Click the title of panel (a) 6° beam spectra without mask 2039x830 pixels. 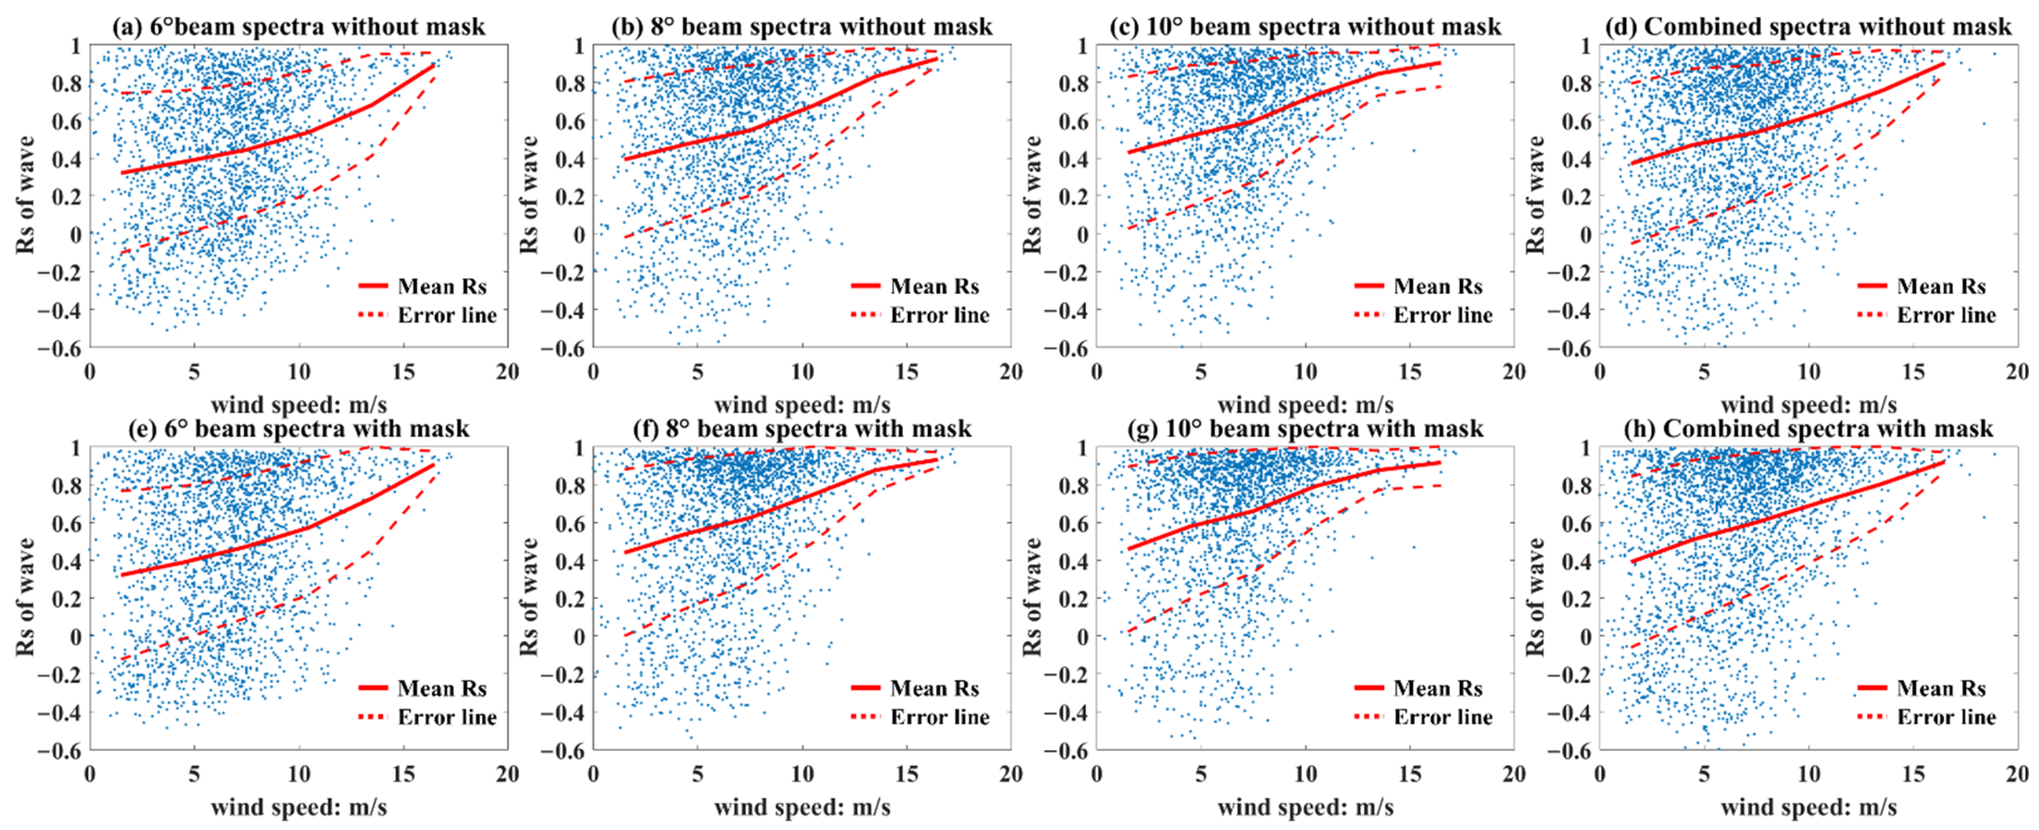(x=298, y=27)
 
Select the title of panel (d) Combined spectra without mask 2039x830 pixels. (x=1808, y=27)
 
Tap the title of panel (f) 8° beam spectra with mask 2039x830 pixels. (x=802, y=429)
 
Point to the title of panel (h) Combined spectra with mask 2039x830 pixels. (x=1808, y=429)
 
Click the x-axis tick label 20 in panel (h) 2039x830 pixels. (x=2018, y=774)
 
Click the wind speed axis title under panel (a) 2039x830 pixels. (x=298, y=405)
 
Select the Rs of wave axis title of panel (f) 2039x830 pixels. (x=528, y=597)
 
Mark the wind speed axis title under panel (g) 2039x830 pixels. (x=1305, y=807)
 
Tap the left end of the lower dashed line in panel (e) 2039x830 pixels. (x=121, y=658)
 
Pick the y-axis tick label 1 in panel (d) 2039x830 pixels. (x=1586, y=45)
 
